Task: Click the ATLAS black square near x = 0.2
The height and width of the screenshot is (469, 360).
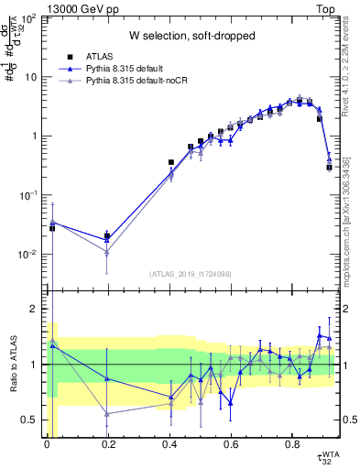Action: click(x=108, y=236)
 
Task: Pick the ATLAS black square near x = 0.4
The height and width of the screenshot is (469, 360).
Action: click(x=170, y=162)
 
